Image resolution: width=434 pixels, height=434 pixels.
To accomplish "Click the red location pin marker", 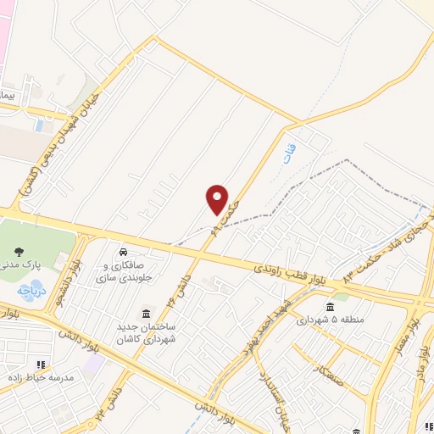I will pos(218,199).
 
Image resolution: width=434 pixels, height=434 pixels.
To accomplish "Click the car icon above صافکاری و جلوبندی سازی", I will pos(124,252).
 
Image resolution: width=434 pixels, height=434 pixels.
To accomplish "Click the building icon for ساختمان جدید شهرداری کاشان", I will pos(147,313).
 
